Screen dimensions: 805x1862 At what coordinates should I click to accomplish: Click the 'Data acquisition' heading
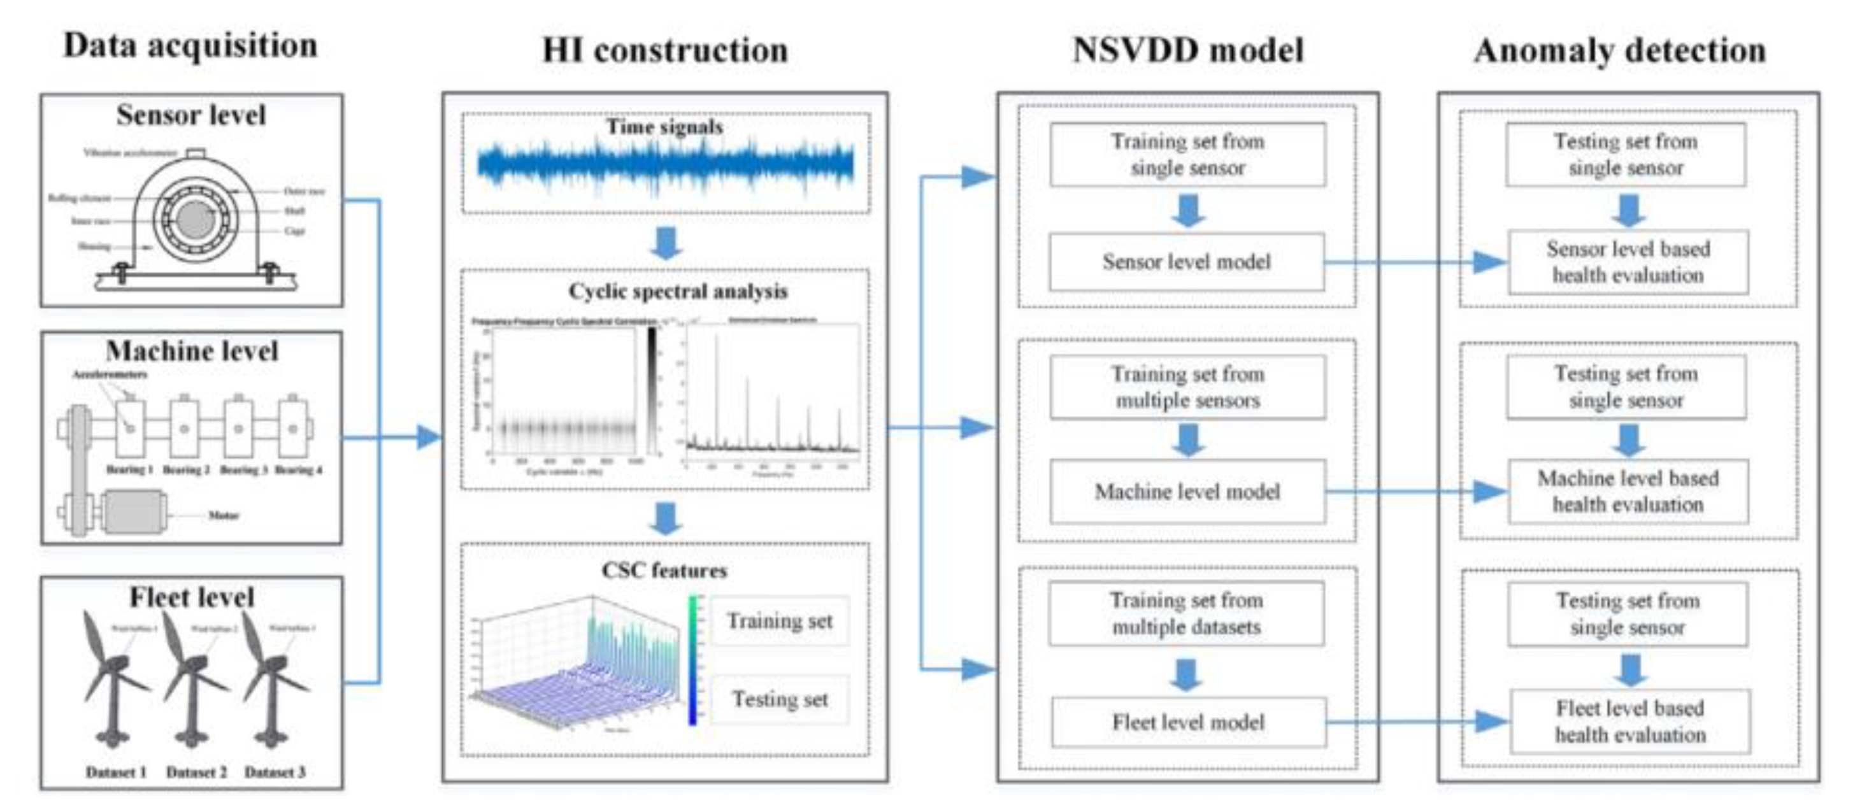point(190,45)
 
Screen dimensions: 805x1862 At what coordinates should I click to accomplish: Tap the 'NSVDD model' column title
point(1187,50)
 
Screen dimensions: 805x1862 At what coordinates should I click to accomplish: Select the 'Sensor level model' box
point(1187,262)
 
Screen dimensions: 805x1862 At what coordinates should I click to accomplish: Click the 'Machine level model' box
point(1187,492)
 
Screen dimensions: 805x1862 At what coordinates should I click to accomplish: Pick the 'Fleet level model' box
point(1188,722)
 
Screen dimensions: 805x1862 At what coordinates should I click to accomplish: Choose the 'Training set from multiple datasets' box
point(1187,613)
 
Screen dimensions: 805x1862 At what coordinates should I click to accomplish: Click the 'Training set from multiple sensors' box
point(1187,387)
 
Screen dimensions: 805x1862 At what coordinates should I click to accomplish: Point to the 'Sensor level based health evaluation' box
point(1628,262)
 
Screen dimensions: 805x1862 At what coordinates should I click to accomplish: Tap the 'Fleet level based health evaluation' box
point(1630,721)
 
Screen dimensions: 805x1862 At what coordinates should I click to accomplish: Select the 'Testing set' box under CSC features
point(780,699)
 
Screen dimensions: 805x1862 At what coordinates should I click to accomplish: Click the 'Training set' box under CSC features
point(780,621)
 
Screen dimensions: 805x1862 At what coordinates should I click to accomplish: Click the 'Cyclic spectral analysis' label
point(677,291)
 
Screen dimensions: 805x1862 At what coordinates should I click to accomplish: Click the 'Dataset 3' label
point(275,773)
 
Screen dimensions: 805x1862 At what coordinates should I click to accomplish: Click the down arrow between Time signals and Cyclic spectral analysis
point(666,243)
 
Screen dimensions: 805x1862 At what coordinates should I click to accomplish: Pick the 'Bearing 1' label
point(129,470)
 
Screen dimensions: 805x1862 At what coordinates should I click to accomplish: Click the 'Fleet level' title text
point(192,597)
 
